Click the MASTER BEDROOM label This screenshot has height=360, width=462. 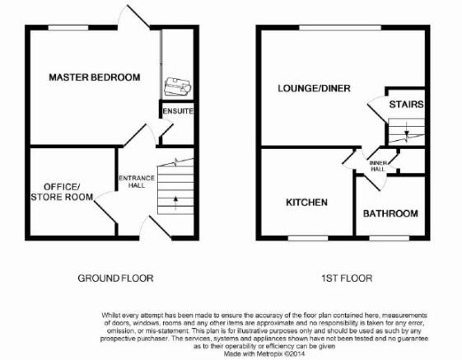click(94, 77)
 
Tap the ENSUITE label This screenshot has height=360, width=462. click(178, 111)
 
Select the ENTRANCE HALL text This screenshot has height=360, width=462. click(137, 181)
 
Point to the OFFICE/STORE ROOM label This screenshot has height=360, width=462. click(62, 192)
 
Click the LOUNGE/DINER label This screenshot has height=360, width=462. click(314, 88)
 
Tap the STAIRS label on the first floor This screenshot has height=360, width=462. click(406, 105)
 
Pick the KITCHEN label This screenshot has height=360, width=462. click(306, 203)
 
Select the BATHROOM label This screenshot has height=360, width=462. click(390, 213)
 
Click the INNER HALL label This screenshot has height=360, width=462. click(378, 166)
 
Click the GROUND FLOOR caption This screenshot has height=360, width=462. click(115, 278)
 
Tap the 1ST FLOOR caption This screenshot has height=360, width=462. click(347, 278)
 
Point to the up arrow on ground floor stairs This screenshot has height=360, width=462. click(176, 203)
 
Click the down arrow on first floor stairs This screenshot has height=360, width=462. click(407, 131)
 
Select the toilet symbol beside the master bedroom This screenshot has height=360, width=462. click(178, 86)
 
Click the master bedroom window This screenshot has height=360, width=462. click(68, 28)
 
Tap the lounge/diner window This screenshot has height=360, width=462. click(340, 28)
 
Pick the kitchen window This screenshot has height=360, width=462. click(308, 238)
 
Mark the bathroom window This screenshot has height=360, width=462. click(390, 238)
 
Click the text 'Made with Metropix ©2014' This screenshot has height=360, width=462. click(264, 353)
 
